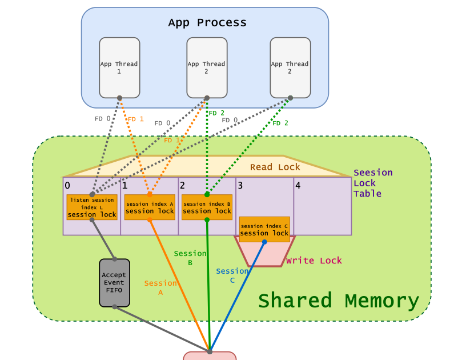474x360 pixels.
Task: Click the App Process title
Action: (x=207, y=23)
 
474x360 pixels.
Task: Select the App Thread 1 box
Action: (x=119, y=67)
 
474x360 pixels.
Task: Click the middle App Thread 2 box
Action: (x=207, y=67)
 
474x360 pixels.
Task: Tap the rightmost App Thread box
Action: (x=290, y=67)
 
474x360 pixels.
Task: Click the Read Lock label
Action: (x=275, y=167)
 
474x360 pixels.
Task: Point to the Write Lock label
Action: (x=314, y=261)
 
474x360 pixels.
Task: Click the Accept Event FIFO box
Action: (x=114, y=283)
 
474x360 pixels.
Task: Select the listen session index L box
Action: (x=92, y=207)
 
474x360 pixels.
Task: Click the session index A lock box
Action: (x=150, y=207)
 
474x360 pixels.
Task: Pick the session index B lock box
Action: (x=207, y=207)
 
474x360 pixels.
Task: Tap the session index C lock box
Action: (x=264, y=229)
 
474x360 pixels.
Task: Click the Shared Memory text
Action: (x=339, y=301)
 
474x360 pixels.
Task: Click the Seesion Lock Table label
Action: (x=372, y=183)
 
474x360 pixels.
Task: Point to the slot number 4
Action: (x=298, y=185)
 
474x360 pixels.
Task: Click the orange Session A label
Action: (x=160, y=287)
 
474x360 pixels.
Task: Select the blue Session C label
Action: (x=232, y=275)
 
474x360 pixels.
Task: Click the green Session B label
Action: (x=190, y=258)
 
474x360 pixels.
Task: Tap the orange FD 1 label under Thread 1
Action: (x=135, y=119)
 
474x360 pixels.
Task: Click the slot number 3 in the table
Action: (x=240, y=185)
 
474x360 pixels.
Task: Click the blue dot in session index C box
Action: (x=264, y=242)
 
